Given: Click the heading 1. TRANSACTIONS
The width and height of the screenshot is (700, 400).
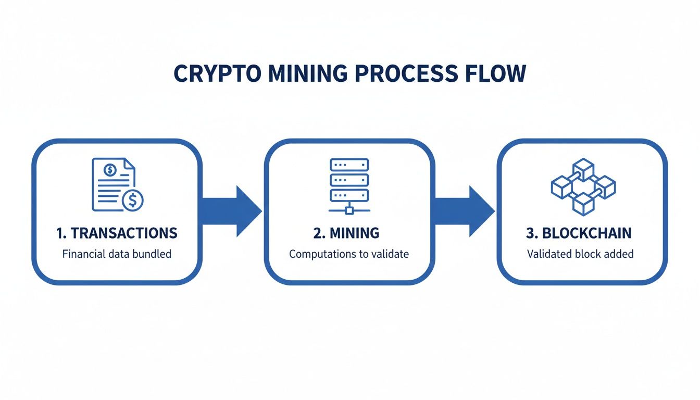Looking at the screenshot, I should pos(117,233).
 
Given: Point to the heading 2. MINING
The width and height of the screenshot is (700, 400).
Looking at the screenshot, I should pos(346,233).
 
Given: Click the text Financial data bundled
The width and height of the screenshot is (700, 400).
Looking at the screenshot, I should pos(117,255).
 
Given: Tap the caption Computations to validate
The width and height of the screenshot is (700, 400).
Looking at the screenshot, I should pos(349,255).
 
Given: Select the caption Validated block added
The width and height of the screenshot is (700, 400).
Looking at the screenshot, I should pos(580,255).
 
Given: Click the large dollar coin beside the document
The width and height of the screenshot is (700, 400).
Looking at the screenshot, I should pos(132,199).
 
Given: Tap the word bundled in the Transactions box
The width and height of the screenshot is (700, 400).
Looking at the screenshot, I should pos(152,255).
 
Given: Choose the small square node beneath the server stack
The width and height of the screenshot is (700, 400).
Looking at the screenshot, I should pos(349,210).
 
